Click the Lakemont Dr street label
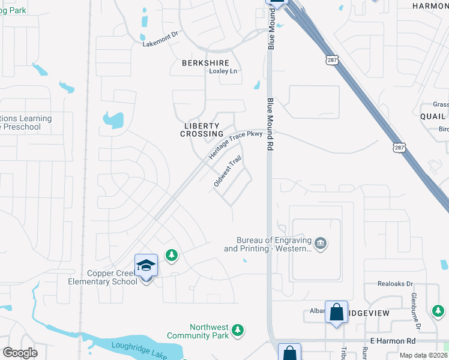[160, 39]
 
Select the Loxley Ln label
[223, 71]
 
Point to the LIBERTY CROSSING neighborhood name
[202, 129]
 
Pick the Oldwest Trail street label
[227, 172]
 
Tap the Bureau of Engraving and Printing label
[268, 244]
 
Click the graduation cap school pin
[146, 265]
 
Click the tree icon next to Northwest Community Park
[238, 329]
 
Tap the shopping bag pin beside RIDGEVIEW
[336, 312]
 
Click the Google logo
[20, 353]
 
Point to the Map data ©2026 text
[423, 355]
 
